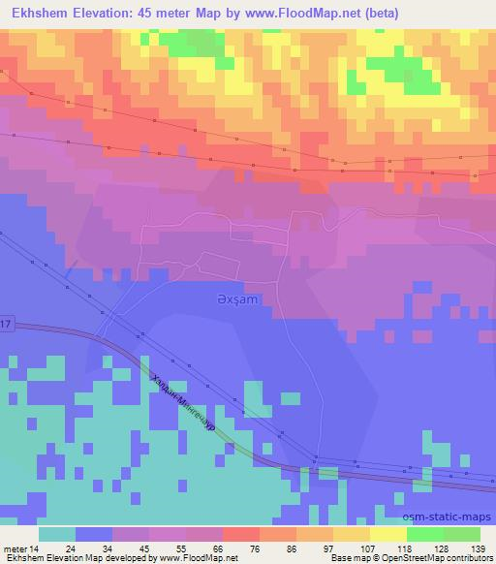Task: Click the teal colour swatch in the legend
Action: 57,533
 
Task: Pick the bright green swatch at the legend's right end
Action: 462,533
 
